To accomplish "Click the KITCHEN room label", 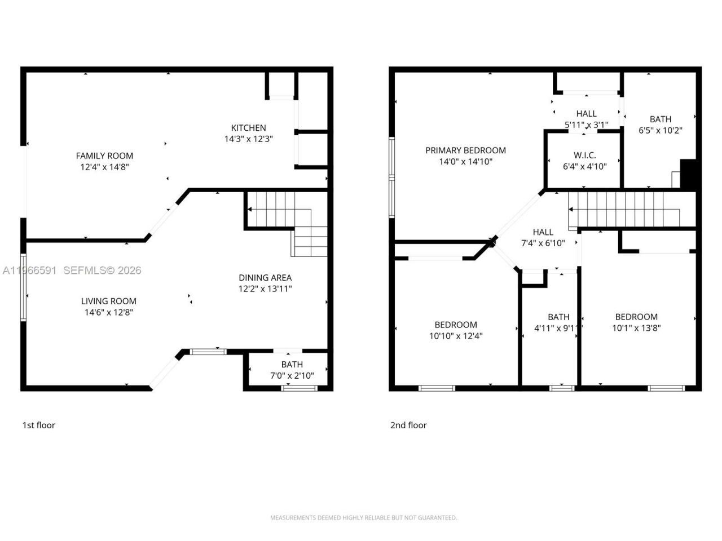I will (x=248, y=128).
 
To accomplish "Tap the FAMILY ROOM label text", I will (x=104, y=156).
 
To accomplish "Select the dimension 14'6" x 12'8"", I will (x=108, y=312).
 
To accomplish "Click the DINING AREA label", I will (x=265, y=278).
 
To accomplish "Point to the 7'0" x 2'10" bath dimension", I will (x=292, y=375).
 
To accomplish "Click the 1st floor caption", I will (x=38, y=425).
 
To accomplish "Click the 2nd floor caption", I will (x=408, y=425).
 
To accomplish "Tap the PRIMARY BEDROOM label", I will (x=465, y=150).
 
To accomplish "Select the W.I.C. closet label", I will (x=584, y=156).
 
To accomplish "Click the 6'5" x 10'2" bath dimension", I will (x=660, y=130).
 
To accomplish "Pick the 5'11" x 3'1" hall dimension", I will (x=586, y=125).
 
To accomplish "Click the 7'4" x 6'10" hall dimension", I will (x=543, y=243).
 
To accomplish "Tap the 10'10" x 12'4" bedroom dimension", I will (x=456, y=336).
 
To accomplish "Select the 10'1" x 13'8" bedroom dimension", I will (x=636, y=328).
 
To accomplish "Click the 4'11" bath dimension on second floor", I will (x=558, y=328).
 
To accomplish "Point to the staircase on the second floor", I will (x=626, y=209).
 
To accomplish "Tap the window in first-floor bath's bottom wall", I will (x=299, y=388).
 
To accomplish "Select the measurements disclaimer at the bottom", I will (x=363, y=517).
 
